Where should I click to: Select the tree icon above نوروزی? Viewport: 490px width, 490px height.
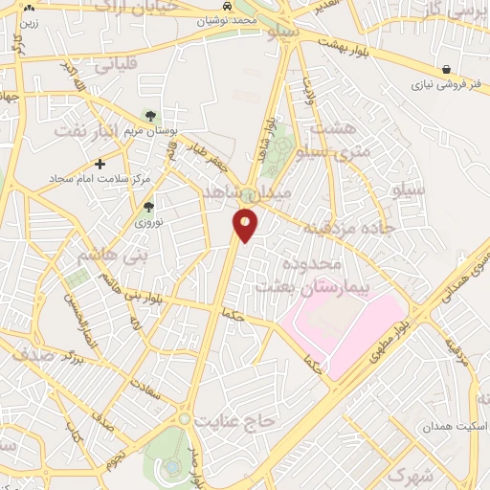click(147, 205)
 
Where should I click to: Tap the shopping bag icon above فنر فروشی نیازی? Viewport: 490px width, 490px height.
click(447, 69)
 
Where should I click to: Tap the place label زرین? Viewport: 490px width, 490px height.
click(29, 20)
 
